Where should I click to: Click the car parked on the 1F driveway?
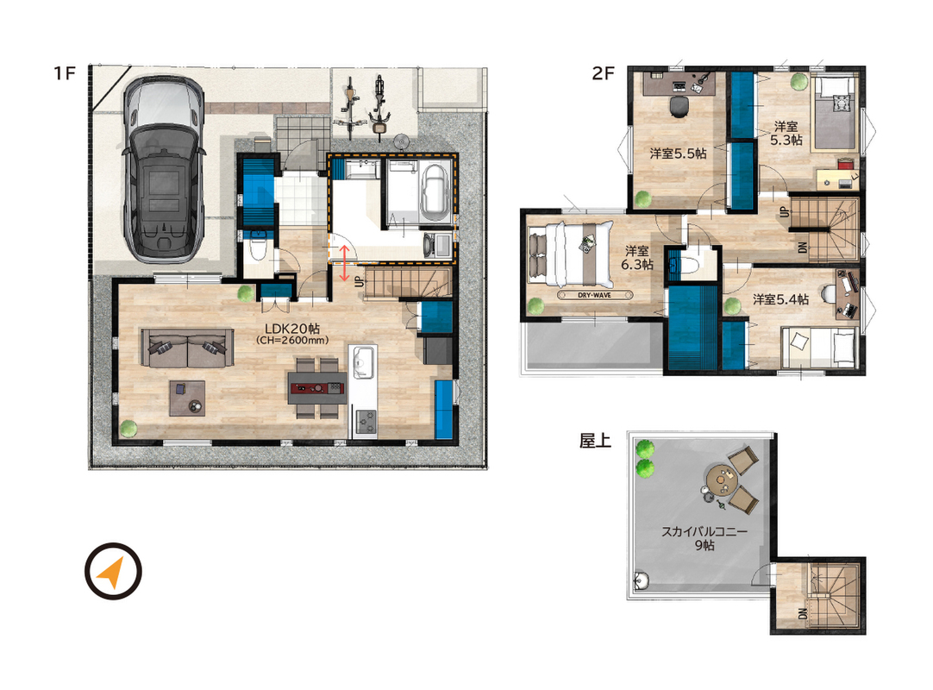[x=162, y=170]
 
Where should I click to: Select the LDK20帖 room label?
[x=292, y=329]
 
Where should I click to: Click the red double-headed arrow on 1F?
[x=344, y=263]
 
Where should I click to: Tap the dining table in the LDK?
[x=317, y=388]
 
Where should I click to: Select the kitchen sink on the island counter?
[x=363, y=362]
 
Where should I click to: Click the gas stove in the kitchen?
[x=366, y=422]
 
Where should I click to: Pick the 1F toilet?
[x=258, y=248]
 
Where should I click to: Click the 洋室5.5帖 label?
[x=678, y=154]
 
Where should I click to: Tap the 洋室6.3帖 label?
[x=637, y=258]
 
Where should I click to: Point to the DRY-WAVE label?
[x=594, y=295]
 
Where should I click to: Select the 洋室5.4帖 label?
[x=780, y=299]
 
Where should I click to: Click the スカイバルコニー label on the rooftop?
[x=704, y=531]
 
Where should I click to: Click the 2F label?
[x=602, y=72]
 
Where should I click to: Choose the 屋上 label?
[x=595, y=441]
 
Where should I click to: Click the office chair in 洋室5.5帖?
[x=679, y=106]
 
